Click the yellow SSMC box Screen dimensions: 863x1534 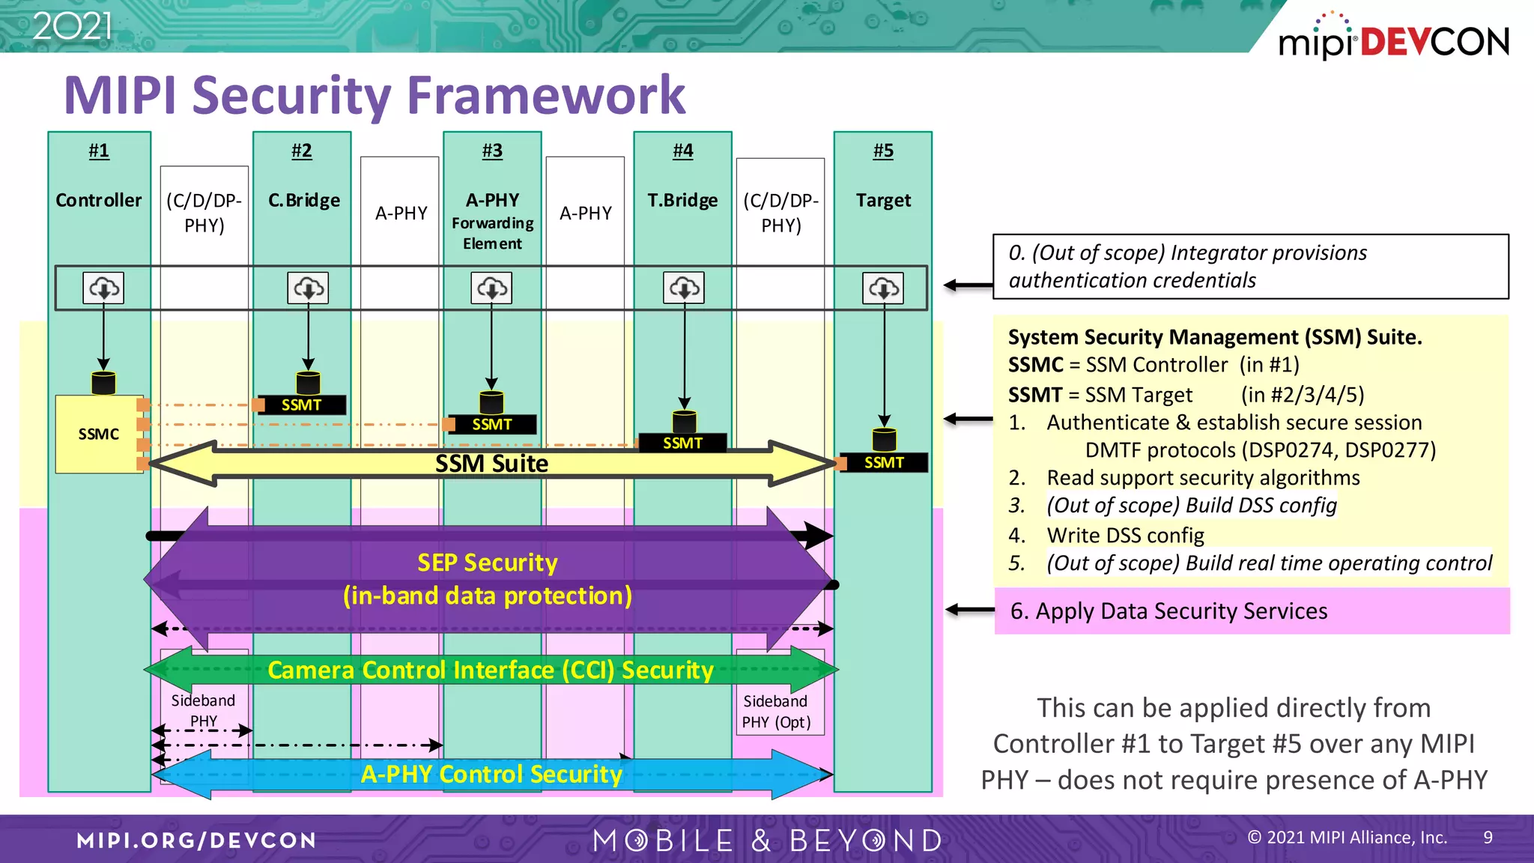[x=98, y=434]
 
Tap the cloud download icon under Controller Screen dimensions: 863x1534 [x=103, y=288]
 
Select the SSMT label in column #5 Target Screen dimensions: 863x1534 [x=884, y=463]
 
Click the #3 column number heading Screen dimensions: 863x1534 [x=492, y=151]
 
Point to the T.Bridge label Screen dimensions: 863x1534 [x=682, y=201]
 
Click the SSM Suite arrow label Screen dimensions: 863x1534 [x=491, y=464]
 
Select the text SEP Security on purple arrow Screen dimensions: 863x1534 [x=487, y=563]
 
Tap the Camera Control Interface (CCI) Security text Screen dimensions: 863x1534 [x=491, y=670]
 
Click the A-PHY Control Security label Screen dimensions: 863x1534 [x=491, y=774]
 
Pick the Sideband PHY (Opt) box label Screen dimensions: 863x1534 [x=776, y=712]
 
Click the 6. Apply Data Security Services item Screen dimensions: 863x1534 [x=1168, y=611]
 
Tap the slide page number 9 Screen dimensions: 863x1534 [x=1488, y=838]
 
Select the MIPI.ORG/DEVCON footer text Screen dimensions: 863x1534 [x=196, y=841]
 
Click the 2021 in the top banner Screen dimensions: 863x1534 [x=73, y=27]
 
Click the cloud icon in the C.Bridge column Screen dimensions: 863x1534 [x=308, y=288]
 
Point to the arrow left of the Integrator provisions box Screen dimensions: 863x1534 [x=968, y=285]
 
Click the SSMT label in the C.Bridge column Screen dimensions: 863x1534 [x=301, y=405]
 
